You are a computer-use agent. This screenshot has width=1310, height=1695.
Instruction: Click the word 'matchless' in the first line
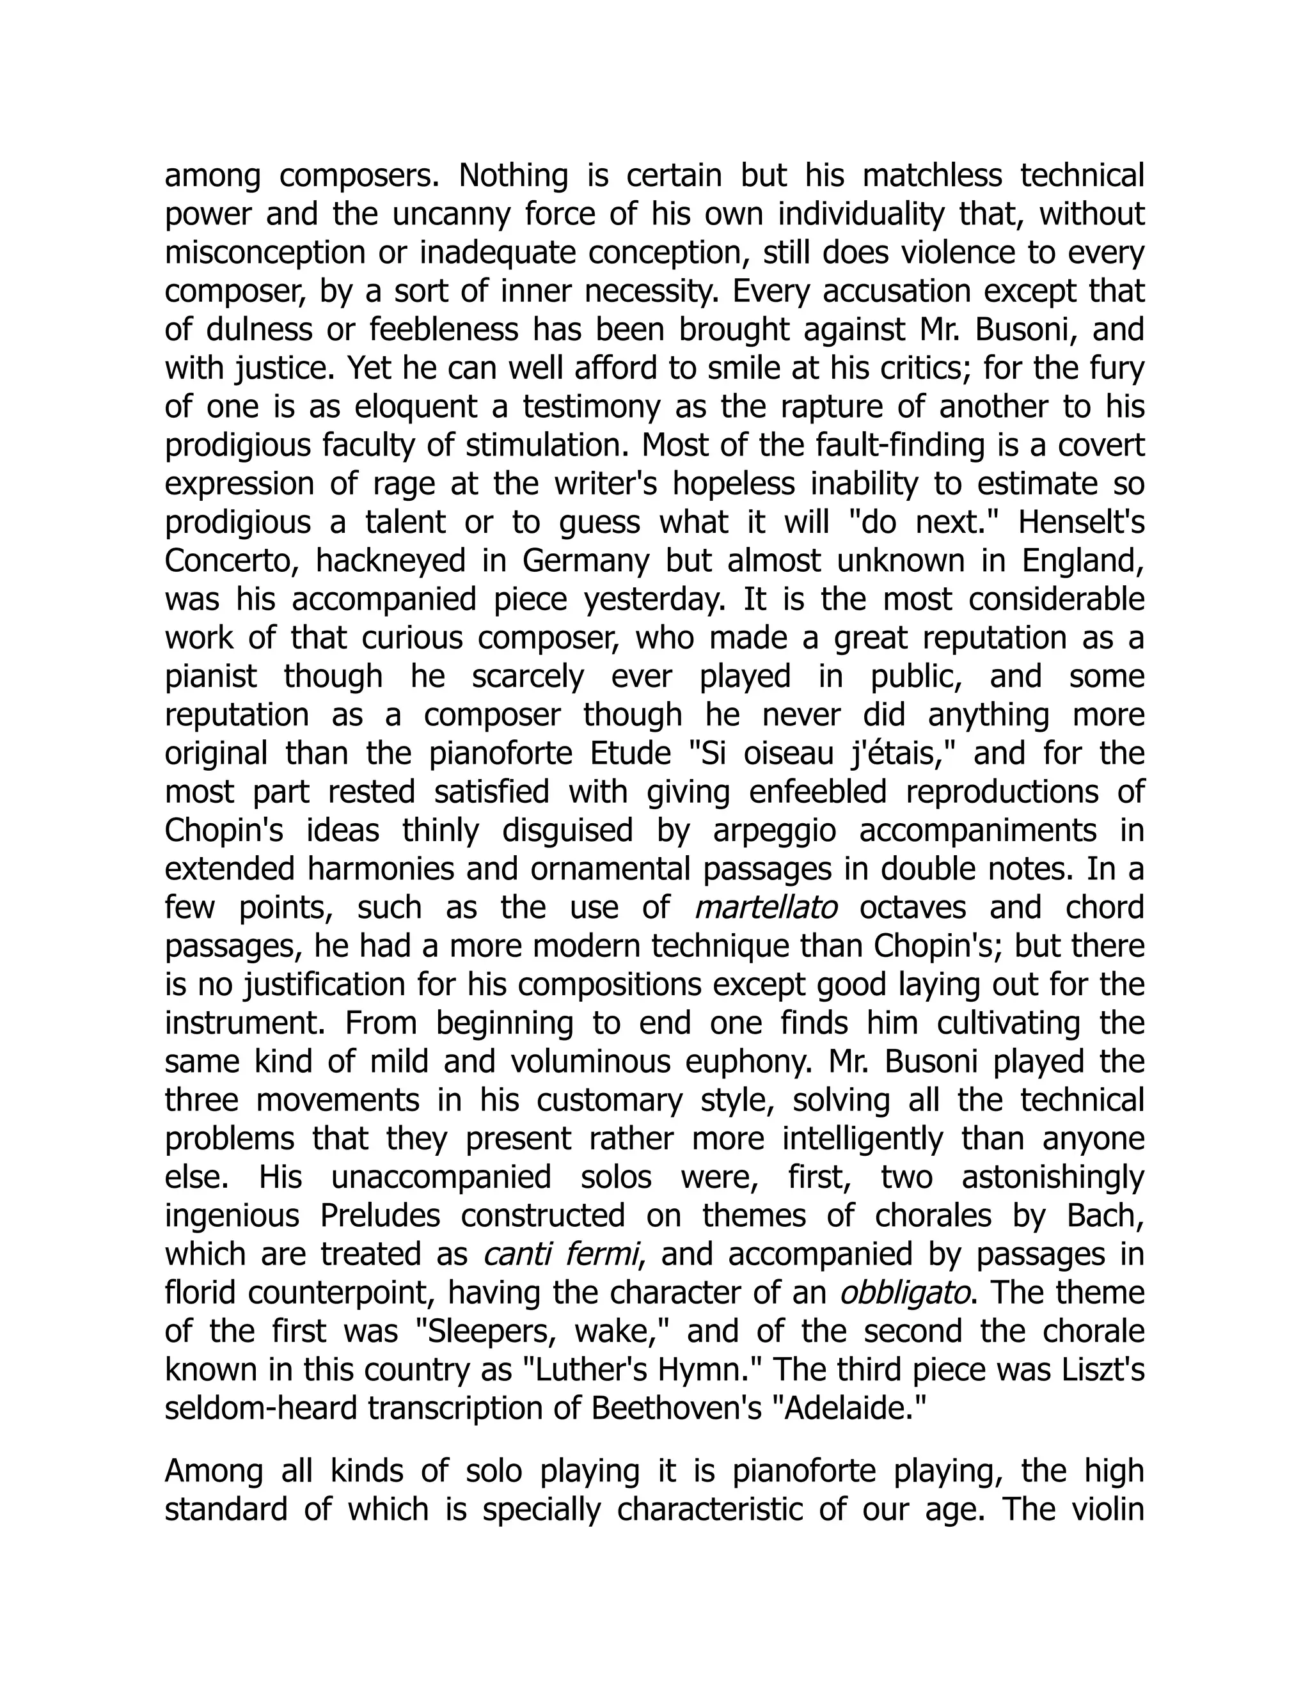click(x=932, y=176)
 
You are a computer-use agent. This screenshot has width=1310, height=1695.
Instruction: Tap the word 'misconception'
click(x=265, y=254)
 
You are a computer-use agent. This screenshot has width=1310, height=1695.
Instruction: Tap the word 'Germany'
click(x=585, y=561)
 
